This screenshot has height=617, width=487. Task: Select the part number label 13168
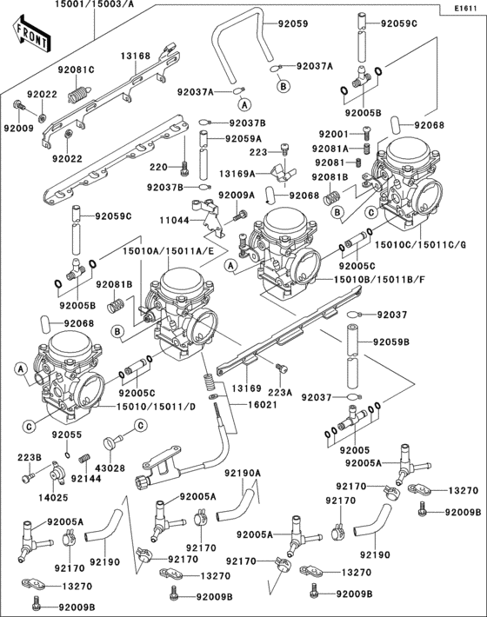pyautogui.click(x=135, y=56)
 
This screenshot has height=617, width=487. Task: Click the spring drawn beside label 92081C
pyautogui.click(x=80, y=90)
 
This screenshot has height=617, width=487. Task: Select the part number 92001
pyautogui.click(x=332, y=134)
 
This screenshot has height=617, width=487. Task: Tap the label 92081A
pyautogui.click(x=332, y=149)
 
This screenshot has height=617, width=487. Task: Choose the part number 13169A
pyautogui.click(x=237, y=174)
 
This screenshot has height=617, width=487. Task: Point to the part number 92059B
pyautogui.click(x=393, y=342)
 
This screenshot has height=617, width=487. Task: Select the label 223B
pyautogui.click(x=27, y=456)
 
